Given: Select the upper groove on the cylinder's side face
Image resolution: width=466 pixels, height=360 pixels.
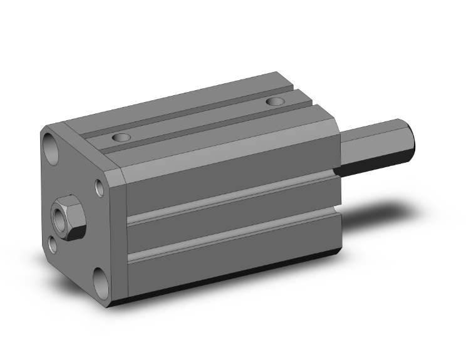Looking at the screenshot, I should click(x=232, y=200).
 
